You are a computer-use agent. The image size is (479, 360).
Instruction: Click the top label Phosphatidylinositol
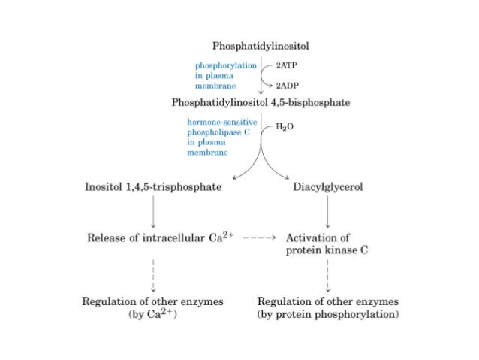pyautogui.click(x=261, y=47)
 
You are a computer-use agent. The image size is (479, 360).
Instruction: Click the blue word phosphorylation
pyautogui.click(x=226, y=65)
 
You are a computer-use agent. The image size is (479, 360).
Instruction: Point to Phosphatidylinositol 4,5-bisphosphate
pyautogui.click(x=261, y=103)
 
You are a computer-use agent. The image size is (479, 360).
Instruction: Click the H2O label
pyautogui.click(x=283, y=128)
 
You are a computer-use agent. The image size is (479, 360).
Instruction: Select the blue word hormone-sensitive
pyautogui.click(x=222, y=121)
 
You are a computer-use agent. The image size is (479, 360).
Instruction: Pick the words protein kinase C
pyautogui.click(x=327, y=250)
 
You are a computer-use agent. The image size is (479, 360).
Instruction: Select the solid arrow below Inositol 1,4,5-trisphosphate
pyautogui.click(x=153, y=212)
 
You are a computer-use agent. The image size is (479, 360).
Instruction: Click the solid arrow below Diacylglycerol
pyautogui.click(x=327, y=212)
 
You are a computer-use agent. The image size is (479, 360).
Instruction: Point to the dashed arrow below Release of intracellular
pyautogui.click(x=153, y=274)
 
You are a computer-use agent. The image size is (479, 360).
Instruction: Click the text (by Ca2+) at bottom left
pyautogui.click(x=153, y=314)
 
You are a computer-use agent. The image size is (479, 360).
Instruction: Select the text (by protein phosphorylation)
pyautogui.click(x=327, y=314)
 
